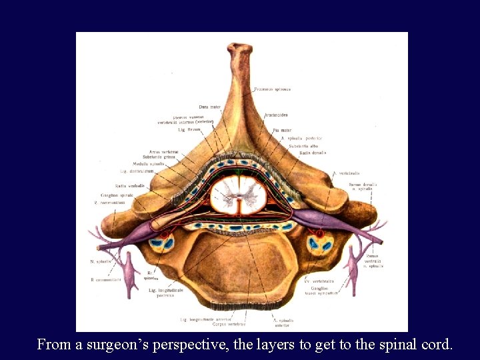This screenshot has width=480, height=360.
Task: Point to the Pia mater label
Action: [282, 130]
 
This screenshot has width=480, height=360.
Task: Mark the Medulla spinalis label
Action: [148, 163]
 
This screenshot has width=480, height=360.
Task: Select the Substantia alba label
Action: [303, 145]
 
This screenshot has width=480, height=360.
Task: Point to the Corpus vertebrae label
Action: [229, 324]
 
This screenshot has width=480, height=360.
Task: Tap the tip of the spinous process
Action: [239, 48]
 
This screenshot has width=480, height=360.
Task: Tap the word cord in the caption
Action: [437, 345]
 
